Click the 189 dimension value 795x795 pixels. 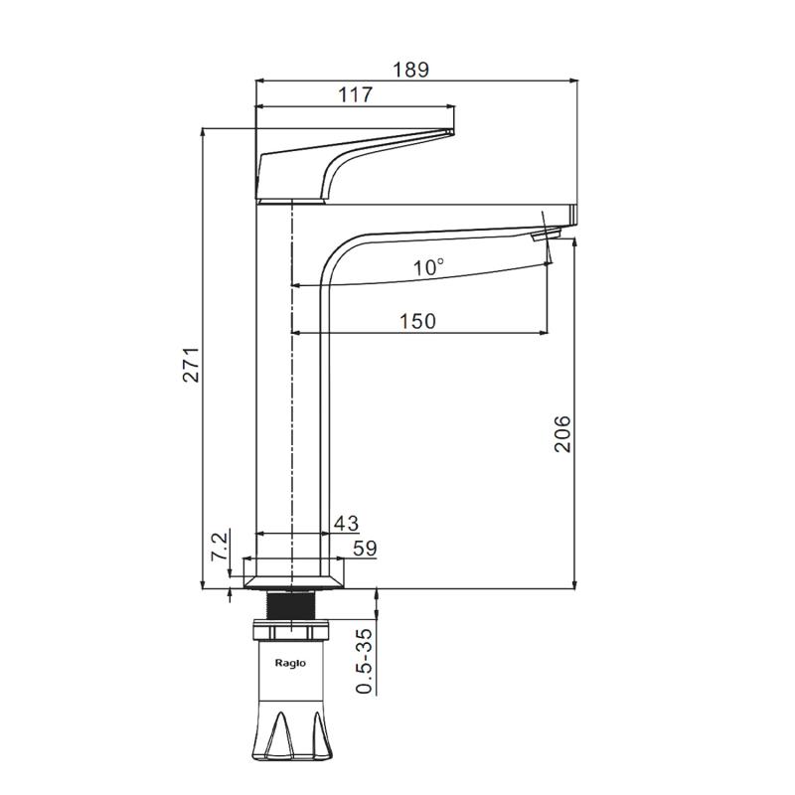[411, 70]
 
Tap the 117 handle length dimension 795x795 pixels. [355, 94]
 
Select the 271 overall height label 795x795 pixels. [192, 365]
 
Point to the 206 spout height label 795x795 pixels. [562, 433]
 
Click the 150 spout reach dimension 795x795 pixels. [417, 321]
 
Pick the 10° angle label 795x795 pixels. [428, 266]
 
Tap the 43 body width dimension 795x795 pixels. [346, 523]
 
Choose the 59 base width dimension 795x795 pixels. [365, 549]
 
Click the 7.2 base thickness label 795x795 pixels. [220, 546]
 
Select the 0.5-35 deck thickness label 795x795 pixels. [364, 661]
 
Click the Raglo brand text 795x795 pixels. [290, 663]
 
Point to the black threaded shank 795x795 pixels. [290, 605]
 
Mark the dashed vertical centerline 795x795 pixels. [292, 396]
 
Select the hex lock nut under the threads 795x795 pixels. [290, 630]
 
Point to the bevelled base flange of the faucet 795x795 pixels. [294, 582]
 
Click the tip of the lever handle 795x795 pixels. [453, 132]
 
